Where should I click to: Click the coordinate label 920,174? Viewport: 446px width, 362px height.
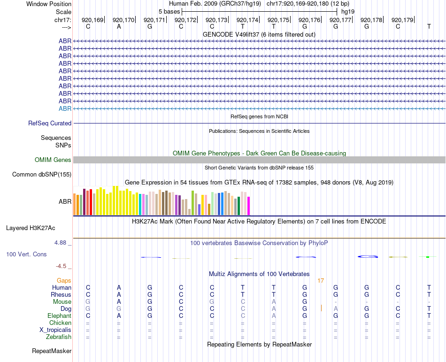pyautogui.click(x=247, y=20)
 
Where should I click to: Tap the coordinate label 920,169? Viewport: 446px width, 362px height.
pyautogui.click(x=92, y=20)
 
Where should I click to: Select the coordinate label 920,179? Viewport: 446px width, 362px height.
pyautogui.click(x=402, y=20)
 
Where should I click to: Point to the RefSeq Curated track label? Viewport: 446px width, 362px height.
pyautogui.click(x=50, y=123)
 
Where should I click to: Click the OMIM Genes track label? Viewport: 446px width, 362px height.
pyautogui.click(x=53, y=160)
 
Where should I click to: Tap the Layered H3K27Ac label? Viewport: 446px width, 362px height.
pyautogui.click(x=31, y=228)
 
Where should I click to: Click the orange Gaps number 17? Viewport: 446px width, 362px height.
pyautogui.click(x=321, y=281)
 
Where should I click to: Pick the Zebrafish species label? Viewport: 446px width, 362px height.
pyautogui.click(x=59, y=337)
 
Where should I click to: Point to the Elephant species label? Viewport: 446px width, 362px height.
pyautogui.click(x=59, y=316)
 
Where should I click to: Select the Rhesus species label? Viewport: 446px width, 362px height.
pyautogui.click(x=61, y=294)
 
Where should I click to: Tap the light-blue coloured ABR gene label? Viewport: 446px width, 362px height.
pyautogui.click(x=65, y=108)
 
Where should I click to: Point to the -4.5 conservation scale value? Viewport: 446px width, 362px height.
pyautogui.click(x=62, y=266)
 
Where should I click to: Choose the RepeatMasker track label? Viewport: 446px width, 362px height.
pyautogui.click(x=52, y=351)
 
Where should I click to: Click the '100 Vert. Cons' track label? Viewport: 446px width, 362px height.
pyautogui.click(x=26, y=254)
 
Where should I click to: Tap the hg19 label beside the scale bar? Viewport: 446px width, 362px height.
pyautogui.click(x=348, y=11)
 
